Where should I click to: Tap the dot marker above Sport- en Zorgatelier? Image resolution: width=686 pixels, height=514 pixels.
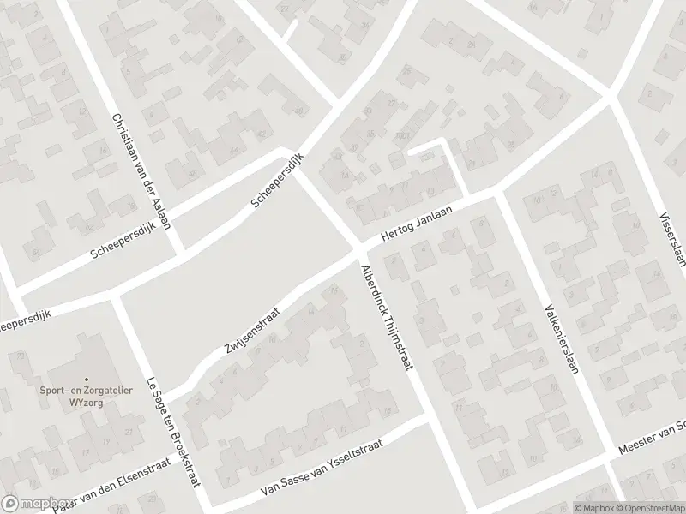coord(85,379)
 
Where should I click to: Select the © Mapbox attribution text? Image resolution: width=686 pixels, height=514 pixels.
coord(596,506)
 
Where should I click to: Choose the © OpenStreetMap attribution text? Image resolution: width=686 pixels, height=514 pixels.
coord(649,506)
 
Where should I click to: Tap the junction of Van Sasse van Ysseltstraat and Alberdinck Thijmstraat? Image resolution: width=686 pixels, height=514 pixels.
coord(425,420)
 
